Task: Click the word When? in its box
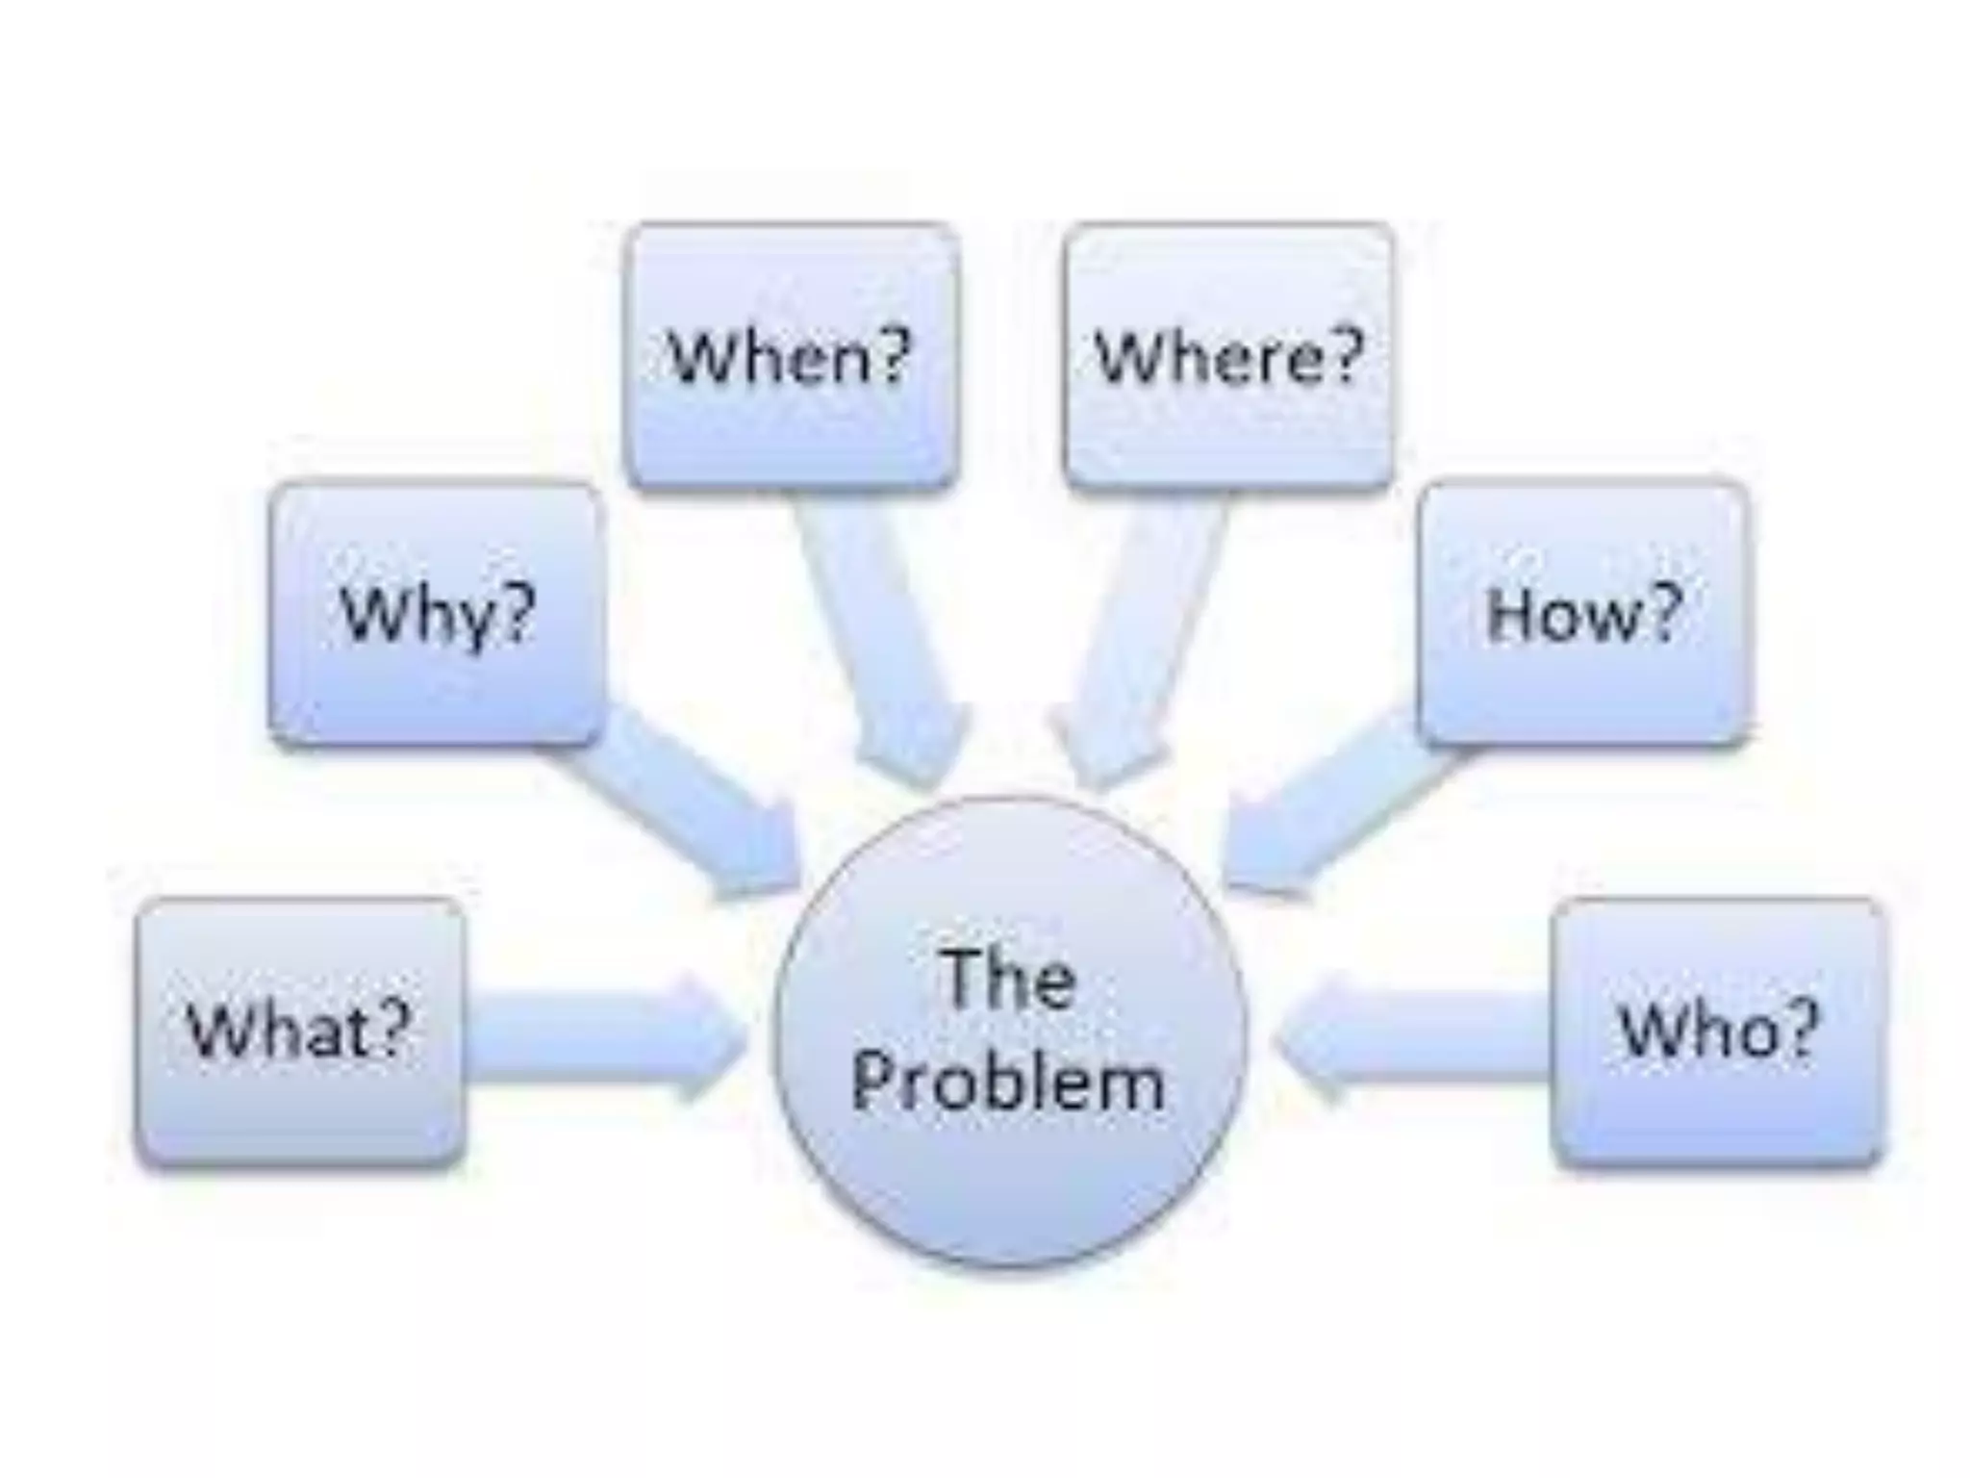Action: click(x=789, y=357)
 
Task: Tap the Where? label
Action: click(x=1229, y=357)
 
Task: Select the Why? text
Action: click(x=438, y=615)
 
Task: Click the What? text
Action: click(x=299, y=1030)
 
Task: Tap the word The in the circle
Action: click(x=1007, y=980)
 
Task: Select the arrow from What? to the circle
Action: click(x=606, y=1035)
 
